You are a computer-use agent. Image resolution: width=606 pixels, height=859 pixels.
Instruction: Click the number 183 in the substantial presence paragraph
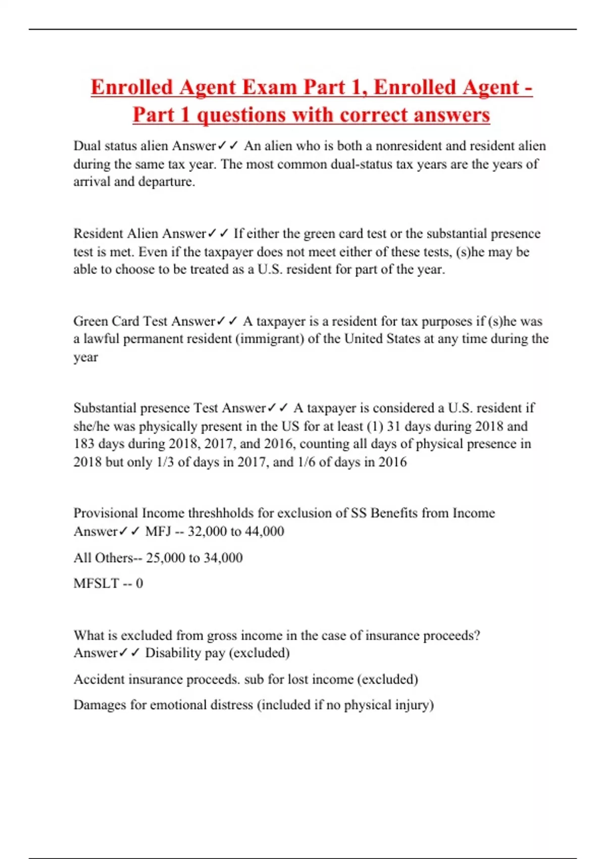click(x=84, y=444)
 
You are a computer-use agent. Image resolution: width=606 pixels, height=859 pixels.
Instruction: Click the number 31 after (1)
click(x=393, y=426)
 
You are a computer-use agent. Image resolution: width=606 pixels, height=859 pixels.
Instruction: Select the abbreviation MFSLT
click(x=96, y=583)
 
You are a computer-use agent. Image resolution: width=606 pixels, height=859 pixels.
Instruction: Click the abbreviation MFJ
click(x=158, y=531)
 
